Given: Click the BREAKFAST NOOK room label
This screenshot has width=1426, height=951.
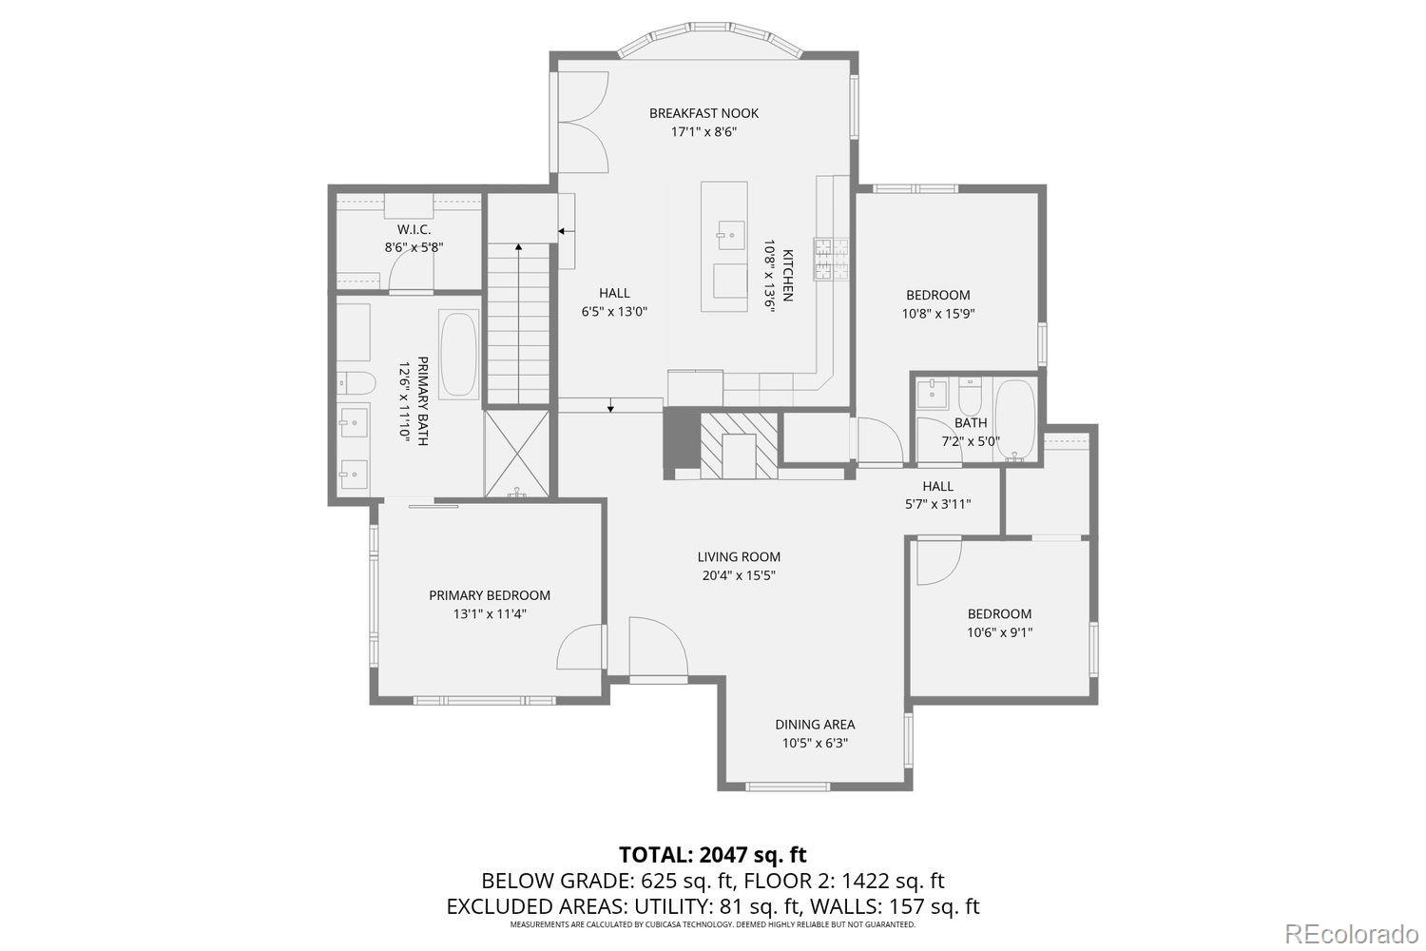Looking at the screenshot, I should pyautogui.click(x=703, y=113).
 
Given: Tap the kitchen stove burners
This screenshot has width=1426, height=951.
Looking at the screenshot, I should pyautogui.click(x=830, y=259).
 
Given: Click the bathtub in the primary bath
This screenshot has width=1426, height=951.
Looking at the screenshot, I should pyautogui.click(x=460, y=354).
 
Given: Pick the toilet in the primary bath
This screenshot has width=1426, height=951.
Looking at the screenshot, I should pyautogui.click(x=354, y=382).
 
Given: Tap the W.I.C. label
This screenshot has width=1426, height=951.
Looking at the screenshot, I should pyautogui.click(x=414, y=230).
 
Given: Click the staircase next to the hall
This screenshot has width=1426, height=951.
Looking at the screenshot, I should pyautogui.click(x=519, y=323).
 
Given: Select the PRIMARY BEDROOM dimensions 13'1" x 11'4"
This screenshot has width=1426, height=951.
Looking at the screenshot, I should pyautogui.click(x=490, y=613).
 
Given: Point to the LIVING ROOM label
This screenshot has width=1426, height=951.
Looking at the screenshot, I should pyautogui.click(x=739, y=557).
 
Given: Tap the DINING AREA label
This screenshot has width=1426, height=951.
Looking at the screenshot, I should pyautogui.click(x=815, y=725).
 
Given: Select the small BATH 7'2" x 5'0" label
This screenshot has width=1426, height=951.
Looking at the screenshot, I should pyautogui.click(x=971, y=423).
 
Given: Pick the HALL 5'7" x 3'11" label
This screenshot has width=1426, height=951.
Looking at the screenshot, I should pyautogui.click(x=937, y=487).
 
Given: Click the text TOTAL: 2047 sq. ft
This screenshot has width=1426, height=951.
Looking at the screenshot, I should pyautogui.click(x=712, y=854).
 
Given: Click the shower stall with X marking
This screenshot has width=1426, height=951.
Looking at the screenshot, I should pyautogui.click(x=517, y=453).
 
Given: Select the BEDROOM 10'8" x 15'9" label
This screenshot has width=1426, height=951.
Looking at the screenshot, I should pyautogui.click(x=937, y=295).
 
